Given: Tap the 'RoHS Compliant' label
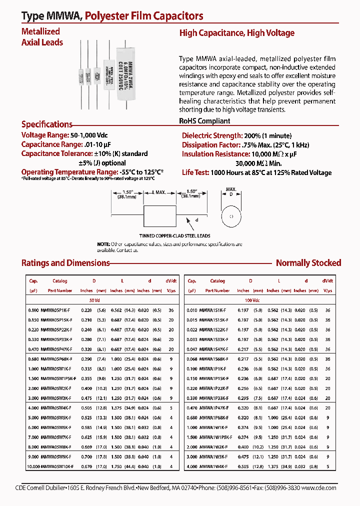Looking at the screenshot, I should coord(204,121).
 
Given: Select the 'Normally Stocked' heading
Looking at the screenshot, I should coord(308,263).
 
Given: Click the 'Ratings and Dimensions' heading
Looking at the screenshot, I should coord(65,263).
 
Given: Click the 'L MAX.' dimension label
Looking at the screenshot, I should coord(159,192).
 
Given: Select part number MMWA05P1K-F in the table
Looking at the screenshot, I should coord(59,310).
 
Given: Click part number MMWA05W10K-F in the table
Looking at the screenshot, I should coord(60,466).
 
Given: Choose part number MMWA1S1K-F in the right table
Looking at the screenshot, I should coord(214,310).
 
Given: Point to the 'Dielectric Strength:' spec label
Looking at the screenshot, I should coord(211,136).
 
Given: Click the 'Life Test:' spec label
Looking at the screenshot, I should coord(195,172).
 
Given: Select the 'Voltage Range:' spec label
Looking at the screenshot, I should coord(44,135).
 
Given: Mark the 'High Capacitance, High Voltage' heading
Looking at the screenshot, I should coord(236,33).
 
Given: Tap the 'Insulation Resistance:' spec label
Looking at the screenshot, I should coord(216,154).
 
